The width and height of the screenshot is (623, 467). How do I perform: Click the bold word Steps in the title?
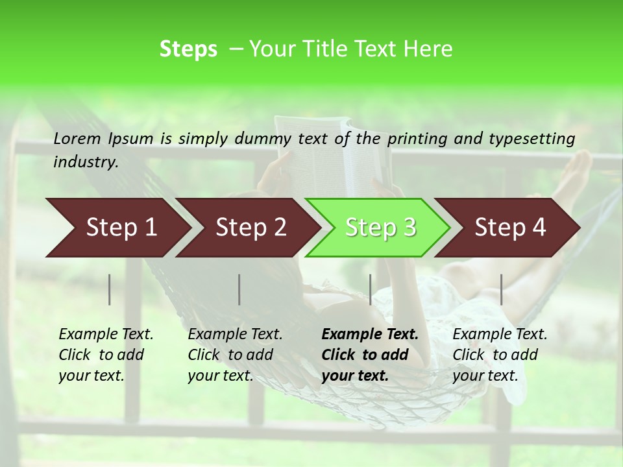pyautogui.click(x=188, y=49)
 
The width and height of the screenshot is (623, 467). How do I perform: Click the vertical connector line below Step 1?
pyautogui.click(x=110, y=289)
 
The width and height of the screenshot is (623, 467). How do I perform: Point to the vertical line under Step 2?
pyautogui.click(x=239, y=289)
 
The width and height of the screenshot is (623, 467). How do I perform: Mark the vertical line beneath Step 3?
pyautogui.click(x=371, y=289)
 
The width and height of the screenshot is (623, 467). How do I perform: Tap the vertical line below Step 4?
pyautogui.click(x=502, y=289)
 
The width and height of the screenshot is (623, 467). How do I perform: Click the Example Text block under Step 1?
pyautogui.click(x=106, y=355)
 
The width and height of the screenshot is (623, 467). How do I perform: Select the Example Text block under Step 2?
pyautogui.click(x=235, y=355)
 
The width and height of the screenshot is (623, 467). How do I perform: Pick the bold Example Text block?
pyautogui.click(x=370, y=355)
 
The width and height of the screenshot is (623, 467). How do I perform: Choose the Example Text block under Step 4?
pyautogui.click(x=500, y=355)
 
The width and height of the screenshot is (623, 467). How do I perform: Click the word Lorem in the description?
pyautogui.click(x=77, y=138)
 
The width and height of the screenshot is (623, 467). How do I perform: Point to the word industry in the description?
pyautogui.click(x=85, y=162)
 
